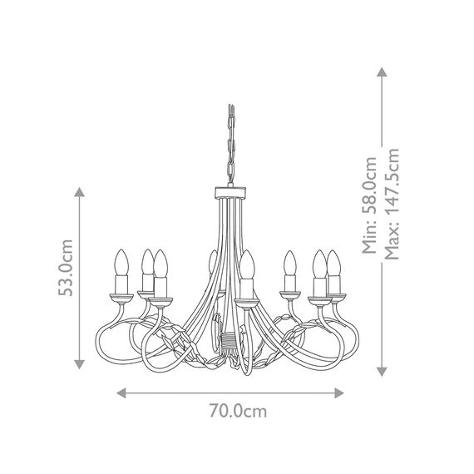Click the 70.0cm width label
click(238, 411)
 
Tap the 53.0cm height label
click(66, 268)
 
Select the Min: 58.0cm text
click(370, 205)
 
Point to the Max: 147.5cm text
click(392, 204)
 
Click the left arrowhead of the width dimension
click(121, 393)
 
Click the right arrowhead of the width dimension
click(339, 393)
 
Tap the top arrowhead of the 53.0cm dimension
click(80, 192)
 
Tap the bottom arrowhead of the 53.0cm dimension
click(80, 364)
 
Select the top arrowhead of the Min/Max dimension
click(382, 72)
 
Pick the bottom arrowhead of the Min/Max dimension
click(382, 372)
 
